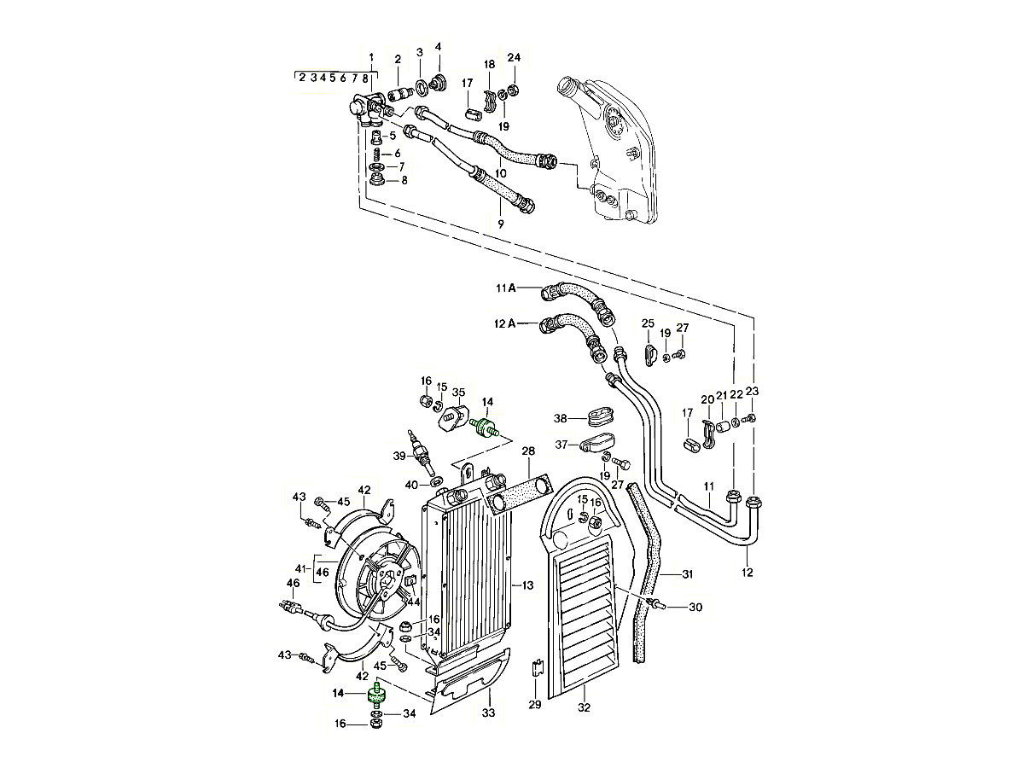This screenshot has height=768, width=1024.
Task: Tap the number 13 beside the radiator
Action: tap(527, 585)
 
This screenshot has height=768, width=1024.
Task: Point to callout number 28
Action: tap(528, 451)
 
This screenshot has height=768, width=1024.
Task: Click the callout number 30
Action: tap(695, 608)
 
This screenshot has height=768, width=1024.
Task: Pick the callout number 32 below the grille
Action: tap(584, 707)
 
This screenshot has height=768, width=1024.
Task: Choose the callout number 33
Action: tap(488, 713)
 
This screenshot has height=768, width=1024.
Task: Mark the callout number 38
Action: tap(561, 419)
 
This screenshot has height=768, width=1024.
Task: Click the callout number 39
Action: tap(399, 456)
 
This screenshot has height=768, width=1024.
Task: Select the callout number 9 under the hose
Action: tap(500, 224)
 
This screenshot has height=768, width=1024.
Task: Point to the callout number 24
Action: tap(514, 58)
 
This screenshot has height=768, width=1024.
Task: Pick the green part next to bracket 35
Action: tap(485, 426)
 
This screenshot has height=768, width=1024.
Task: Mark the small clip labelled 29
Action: tap(536, 667)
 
